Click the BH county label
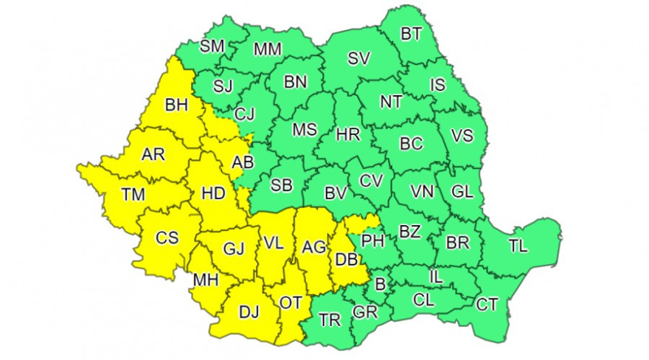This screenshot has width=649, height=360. tap(177, 106)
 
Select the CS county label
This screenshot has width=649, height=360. tap(167, 238)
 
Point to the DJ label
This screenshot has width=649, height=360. tap(249, 312)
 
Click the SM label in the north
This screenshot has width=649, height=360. tap(212, 46)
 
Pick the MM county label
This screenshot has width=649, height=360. tap(267, 49)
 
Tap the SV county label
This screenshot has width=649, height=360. tap(359, 58)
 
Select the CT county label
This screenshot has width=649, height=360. tap(486, 304)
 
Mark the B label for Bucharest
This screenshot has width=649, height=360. tap(381, 283)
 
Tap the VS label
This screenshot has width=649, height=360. tap(462, 136)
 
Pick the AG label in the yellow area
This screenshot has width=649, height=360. tap(314, 248)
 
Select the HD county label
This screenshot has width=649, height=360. tap(213, 193)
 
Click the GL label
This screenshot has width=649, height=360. tap(462, 192)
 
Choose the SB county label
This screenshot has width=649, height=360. tap(282, 186)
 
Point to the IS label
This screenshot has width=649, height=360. tap(437, 85)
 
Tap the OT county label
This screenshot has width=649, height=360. tap(290, 302)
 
